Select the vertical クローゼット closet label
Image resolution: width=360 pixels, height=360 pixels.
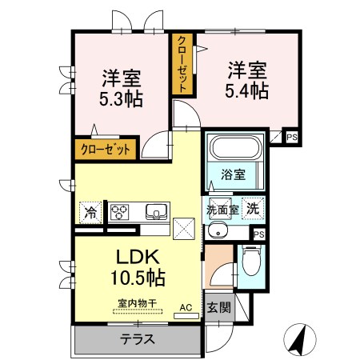click(x=183, y=65)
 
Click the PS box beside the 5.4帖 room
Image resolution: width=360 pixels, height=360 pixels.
click(x=292, y=137)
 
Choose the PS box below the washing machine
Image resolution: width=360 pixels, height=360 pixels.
click(x=258, y=234)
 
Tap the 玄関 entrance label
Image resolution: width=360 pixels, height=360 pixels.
click(x=219, y=306)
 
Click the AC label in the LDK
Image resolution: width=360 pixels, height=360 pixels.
click(x=185, y=306)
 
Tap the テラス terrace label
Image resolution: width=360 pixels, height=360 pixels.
click(x=138, y=338)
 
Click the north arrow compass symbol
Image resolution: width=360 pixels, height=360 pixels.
click(x=299, y=340)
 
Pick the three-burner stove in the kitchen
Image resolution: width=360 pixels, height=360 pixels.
click(x=121, y=212)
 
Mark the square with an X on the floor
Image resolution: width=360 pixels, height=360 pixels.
click(x=184, y=229)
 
